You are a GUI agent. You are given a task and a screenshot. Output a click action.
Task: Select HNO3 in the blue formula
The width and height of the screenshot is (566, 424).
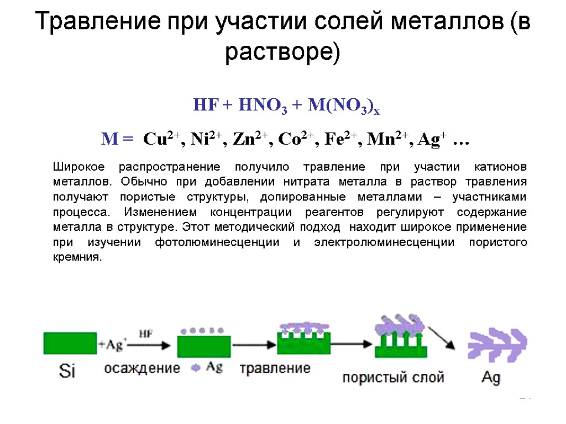(x=263, y=105)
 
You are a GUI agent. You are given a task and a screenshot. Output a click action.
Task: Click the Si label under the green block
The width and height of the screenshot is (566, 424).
(x=67, y=372)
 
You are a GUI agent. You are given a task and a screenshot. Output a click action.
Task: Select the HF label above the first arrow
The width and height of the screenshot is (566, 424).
(x=145, y=334)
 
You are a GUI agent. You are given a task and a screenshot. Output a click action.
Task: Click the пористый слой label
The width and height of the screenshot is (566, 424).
(x=393, y=378)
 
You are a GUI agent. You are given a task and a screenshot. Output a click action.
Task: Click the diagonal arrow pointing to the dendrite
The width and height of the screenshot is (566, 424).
(x=444, y=336)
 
